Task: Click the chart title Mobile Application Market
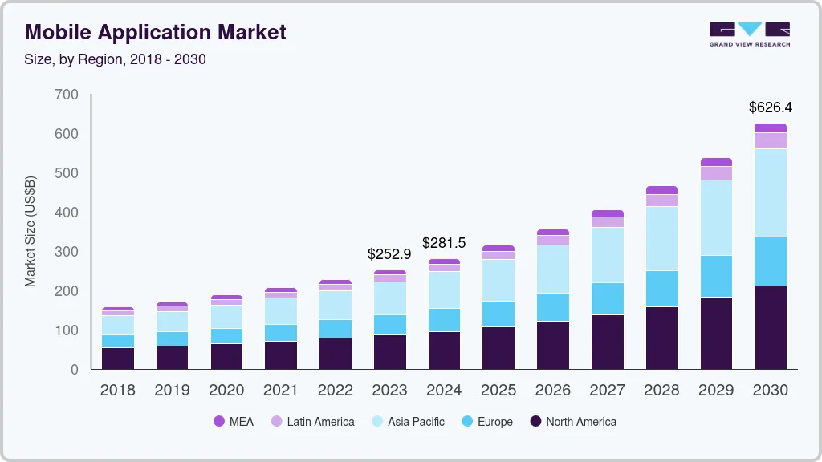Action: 155,32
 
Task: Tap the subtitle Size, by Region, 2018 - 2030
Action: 116,59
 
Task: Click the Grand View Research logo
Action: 749,34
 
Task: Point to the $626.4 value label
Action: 770,107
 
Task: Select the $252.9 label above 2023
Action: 389,253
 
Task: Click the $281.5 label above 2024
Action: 444,242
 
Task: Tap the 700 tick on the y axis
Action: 67,95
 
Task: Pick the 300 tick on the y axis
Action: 67,252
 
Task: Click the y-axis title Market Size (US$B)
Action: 31,231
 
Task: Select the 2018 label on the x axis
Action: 117,391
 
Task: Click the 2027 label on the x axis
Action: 607,391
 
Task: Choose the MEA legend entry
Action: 234,421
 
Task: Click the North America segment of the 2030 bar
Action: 770,327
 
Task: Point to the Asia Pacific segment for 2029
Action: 716,217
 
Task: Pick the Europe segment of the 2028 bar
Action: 661,289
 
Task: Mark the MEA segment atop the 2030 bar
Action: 770,128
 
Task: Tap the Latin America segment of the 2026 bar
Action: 552,240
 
